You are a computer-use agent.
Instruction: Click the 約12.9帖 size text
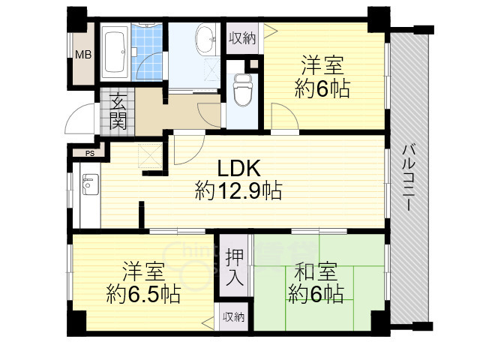(x=238, y=191)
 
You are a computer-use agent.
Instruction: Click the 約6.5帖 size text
(x=142, y=293)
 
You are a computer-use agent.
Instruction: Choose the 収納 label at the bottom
(x=233, y=317)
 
